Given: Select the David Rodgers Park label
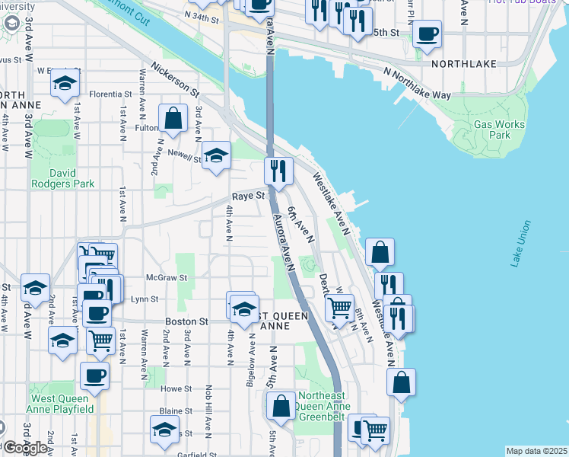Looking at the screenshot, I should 63,178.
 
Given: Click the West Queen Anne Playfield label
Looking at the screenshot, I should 62,404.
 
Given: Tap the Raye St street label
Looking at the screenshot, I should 248,196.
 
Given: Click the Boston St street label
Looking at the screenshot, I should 187,322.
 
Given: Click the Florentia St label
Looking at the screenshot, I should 111,94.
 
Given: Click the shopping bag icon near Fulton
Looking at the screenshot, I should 173,119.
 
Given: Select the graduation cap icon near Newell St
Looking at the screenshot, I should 217,157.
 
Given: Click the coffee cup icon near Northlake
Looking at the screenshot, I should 428,34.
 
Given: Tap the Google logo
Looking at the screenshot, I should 25,447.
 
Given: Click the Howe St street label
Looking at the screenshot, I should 176,388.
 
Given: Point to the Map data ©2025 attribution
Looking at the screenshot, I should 536,451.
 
